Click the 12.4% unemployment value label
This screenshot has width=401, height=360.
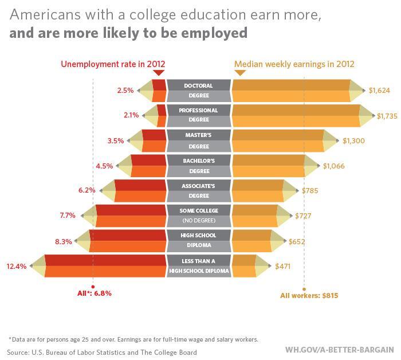(x=16, y=267)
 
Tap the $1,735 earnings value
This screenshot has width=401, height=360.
(x=387, y=116)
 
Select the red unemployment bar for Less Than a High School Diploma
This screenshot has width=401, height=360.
(x=105, y=266)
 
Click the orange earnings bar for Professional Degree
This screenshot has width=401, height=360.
(x=296, y=115)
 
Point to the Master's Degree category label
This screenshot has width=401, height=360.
(x=198, y=140)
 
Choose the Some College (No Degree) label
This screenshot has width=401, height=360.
(x=198, y=215)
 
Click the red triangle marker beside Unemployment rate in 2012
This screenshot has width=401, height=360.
(x=159, y=73)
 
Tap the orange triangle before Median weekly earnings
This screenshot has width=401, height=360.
(x=239, y=73)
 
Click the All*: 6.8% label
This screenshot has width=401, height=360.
(x=94, y=293)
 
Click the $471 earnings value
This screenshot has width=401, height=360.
(x=284, y=267)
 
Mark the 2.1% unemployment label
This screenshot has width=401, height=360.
(x=131, y=115)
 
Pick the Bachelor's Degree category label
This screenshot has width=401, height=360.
(x=198, y=166)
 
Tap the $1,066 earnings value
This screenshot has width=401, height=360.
(x=335, y=166)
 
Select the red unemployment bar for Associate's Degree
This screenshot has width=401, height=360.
(x=140, y=190)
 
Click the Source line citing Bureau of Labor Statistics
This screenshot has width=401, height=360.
(x=102, y=352)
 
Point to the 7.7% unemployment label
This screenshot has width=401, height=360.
(x=68, y=216)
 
